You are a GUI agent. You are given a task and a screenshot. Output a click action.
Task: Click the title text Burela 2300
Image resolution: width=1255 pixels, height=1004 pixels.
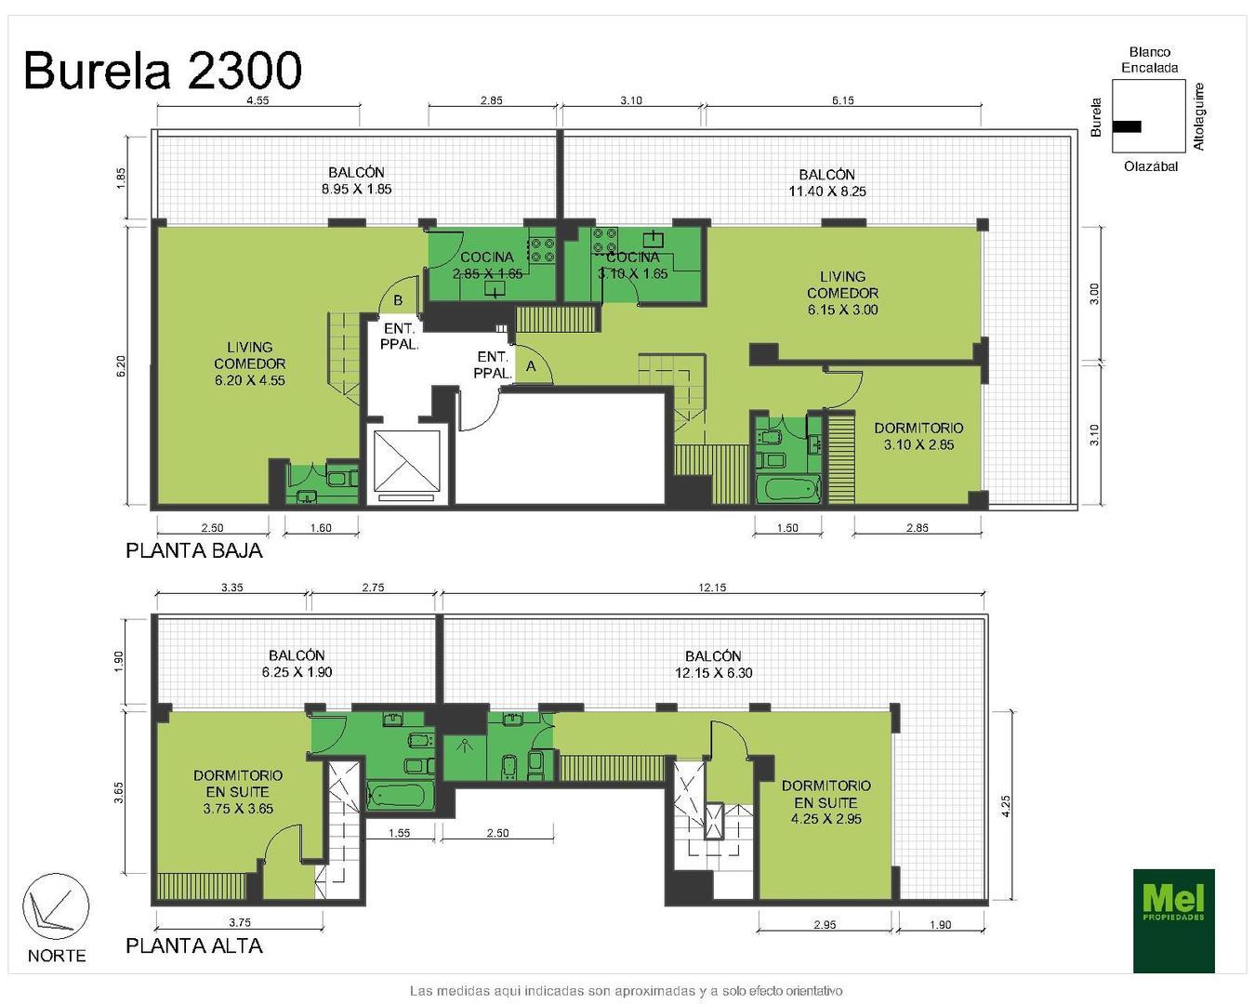[163, 71]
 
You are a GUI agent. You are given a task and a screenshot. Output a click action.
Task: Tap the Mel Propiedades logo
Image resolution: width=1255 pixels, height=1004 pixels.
[1173, 920]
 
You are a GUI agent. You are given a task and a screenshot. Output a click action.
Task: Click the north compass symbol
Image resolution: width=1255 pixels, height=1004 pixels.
[56, 906]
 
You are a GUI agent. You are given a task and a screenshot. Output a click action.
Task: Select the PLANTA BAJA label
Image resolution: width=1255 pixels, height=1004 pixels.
[194, 550]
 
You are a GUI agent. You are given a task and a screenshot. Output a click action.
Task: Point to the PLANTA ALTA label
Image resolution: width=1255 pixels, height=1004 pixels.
[194, 946]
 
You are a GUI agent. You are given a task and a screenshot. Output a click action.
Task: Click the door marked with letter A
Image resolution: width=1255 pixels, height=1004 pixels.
[532, 365]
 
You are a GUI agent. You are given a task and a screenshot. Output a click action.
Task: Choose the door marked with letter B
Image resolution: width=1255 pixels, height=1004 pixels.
[398, 299]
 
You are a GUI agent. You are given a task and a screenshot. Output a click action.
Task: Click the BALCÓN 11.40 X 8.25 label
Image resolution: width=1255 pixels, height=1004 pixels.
[826, 183]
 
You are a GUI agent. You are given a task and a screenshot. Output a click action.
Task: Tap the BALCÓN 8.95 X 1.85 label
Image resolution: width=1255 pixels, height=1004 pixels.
[356, 180]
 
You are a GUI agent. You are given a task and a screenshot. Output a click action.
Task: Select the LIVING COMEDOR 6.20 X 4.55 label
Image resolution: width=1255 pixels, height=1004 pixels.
[249, 363]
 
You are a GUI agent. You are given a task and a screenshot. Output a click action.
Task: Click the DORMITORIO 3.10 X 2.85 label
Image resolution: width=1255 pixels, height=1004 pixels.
[918, 436]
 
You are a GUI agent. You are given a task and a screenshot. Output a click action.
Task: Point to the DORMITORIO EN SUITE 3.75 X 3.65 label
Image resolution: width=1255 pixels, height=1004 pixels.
[238, 791]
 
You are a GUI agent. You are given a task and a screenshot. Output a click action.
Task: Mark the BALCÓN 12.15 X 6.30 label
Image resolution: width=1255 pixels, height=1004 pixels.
[713, 664]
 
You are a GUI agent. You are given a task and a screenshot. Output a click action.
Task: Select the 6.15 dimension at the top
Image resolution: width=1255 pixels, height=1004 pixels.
[842, 100]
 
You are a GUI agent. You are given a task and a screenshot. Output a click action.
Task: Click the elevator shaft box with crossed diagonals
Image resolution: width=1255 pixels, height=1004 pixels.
[404, 460]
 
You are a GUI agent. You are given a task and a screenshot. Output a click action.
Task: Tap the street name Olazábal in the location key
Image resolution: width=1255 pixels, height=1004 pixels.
[1150, 166]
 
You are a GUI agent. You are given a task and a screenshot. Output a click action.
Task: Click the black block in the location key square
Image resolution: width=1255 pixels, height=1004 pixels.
[1127, 126]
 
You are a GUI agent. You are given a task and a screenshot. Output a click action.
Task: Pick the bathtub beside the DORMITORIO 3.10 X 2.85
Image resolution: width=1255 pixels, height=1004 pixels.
[786, 489]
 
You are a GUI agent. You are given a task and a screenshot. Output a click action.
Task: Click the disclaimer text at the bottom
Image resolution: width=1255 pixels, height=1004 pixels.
[626, 991]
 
